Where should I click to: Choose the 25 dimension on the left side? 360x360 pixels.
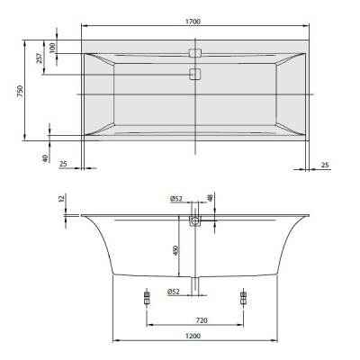pos(63,163)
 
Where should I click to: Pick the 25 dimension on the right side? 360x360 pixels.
pos(325,163)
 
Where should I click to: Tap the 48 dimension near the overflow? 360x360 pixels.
pos(210,197)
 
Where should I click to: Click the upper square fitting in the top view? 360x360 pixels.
pos(195,51)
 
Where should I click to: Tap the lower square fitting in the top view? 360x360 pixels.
pos(195,76)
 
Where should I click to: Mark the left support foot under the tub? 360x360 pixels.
pos(145,297)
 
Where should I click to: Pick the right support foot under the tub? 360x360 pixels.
pos(243,297)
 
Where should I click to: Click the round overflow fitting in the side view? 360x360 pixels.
pos(195,219)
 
